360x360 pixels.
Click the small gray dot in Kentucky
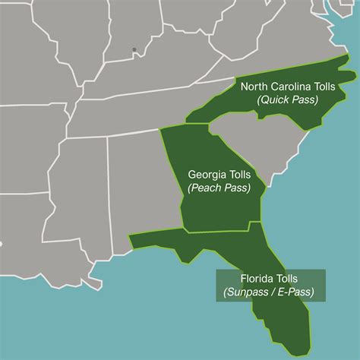click(134, 50)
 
